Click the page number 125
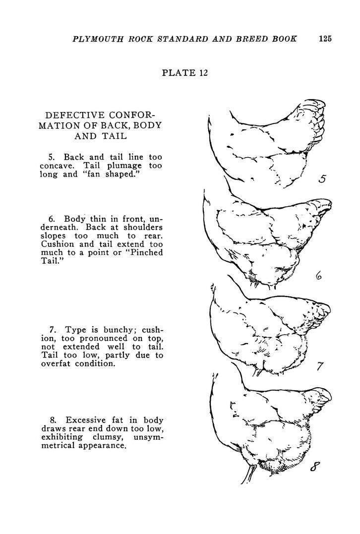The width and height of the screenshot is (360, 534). coord(325,39)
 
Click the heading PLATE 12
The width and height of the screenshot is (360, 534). coord(184,73)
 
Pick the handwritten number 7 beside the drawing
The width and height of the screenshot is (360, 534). coord(320,367)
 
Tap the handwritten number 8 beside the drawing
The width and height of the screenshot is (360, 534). coord(315,467)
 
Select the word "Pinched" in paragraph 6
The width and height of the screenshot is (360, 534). coord(145,253)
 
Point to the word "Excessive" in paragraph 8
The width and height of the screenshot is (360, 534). coord(87,419)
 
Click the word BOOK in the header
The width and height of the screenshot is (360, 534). coord(285,39)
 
